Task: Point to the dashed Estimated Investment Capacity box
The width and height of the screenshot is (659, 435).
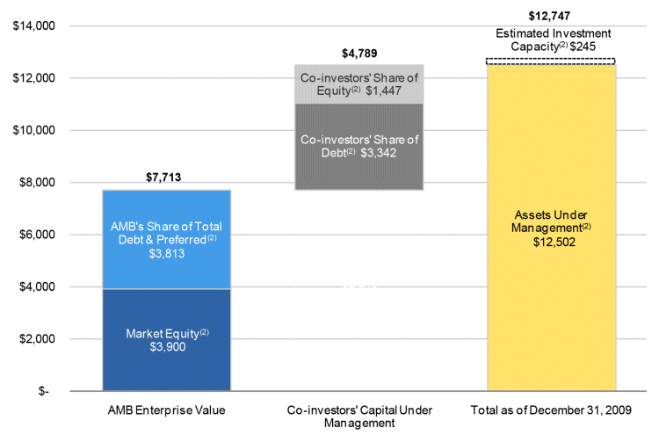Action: coord(551,61)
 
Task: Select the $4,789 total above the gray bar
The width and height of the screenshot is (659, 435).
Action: coord(358,54)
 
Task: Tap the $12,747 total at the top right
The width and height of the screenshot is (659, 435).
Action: coord(550,15)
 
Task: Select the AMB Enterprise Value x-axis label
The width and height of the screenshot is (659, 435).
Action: coord(166,410)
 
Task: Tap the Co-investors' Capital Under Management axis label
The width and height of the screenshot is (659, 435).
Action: coord(358,416)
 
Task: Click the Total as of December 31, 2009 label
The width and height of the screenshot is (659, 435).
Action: coord(551,410)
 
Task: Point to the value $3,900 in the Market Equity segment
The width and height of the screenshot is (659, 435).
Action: coord(166,347)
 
